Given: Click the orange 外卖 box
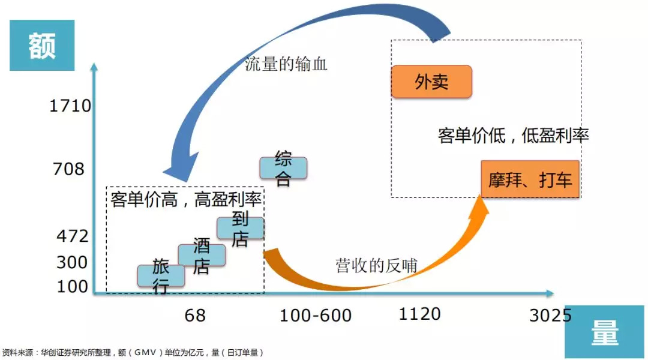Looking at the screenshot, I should point(431,82).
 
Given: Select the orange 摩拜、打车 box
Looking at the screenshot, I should point(530,179).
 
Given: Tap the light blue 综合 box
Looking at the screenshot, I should point(283,168).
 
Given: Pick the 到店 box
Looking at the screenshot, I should point(240,228).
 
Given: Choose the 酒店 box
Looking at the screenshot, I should point(202,255).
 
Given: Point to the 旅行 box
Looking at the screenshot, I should point(161,275).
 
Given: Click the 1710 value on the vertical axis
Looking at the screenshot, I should point(70,106).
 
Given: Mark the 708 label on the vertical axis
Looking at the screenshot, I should point(68,169).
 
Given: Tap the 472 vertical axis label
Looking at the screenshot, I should point(72,236).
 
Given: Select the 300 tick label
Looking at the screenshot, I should point(72,262).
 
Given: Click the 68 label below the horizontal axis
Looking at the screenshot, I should point(195,315).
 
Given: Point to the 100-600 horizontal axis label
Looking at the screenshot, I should point(316,315).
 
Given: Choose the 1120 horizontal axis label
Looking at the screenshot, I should point(420,313).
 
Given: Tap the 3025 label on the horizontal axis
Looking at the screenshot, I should point(550,315).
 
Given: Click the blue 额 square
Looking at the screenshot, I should point(42,46).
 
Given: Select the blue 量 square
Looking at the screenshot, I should point(605,333).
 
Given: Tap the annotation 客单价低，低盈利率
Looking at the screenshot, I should point(514,136).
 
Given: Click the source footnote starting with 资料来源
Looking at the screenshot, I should point(133,352).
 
